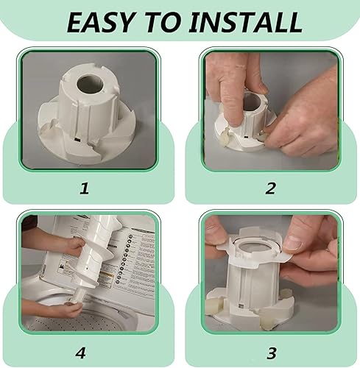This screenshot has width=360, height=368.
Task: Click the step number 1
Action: tap(84, 188)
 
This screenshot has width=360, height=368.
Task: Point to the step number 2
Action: tap(270, 188)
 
